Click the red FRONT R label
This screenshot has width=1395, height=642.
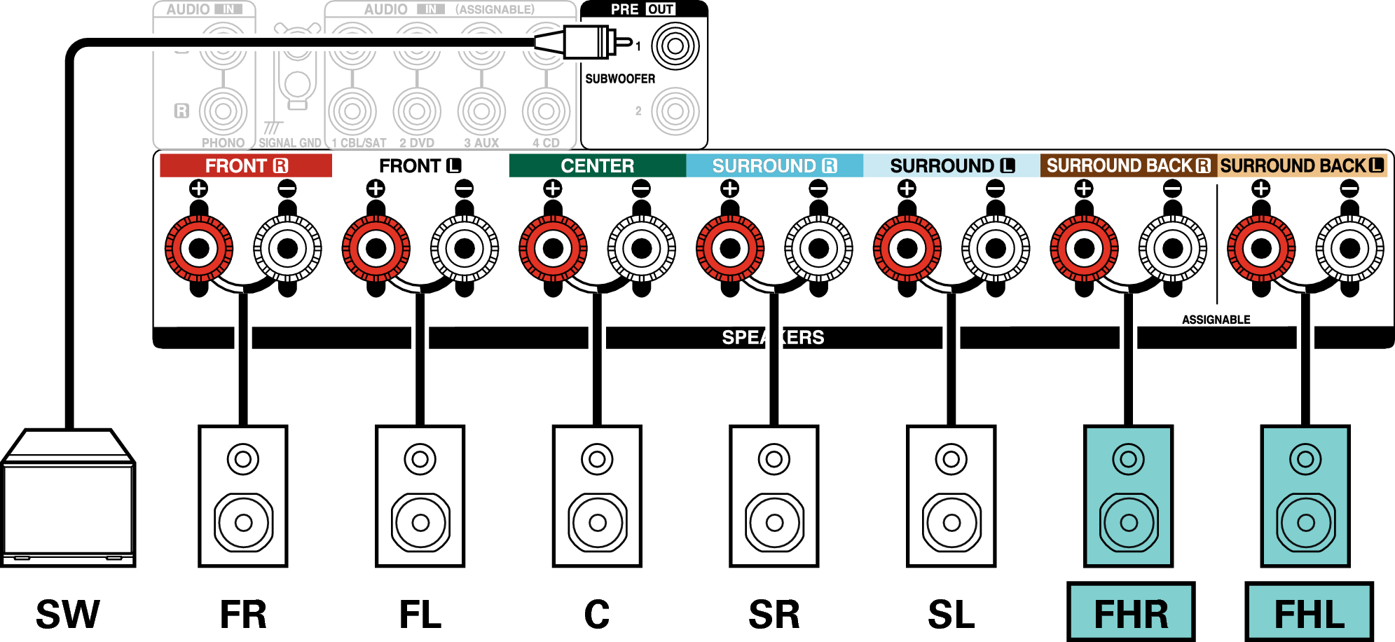click(245, 166)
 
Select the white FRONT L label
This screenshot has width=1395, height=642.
click(420, 166)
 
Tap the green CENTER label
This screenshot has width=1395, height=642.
click(597, 166)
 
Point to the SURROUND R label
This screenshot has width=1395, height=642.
click(774, 166)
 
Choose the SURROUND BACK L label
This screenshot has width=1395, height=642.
click(1302, 166)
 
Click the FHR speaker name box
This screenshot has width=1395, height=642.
click(1131, 612)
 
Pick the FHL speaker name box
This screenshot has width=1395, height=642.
click(1309, 612)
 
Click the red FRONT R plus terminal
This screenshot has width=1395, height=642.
click(199, 248)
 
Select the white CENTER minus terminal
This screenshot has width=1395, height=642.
click(641, 248)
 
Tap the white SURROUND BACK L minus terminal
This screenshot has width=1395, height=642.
click(1349, 248)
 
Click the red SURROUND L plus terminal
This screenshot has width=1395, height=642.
click(907, 248)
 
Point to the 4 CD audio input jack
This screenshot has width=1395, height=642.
click(546, 111)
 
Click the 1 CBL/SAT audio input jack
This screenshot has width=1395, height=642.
click(352, 111)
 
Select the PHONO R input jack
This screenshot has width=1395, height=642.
click(224, 111)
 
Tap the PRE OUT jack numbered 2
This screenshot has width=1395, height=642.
click(675, 111)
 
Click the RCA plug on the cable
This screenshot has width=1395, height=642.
click(589, 42)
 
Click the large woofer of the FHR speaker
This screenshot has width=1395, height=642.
click(1129, 522)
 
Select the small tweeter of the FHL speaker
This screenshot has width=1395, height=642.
click(1305, 460)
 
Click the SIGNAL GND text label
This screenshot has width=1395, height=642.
click(290, 143)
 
